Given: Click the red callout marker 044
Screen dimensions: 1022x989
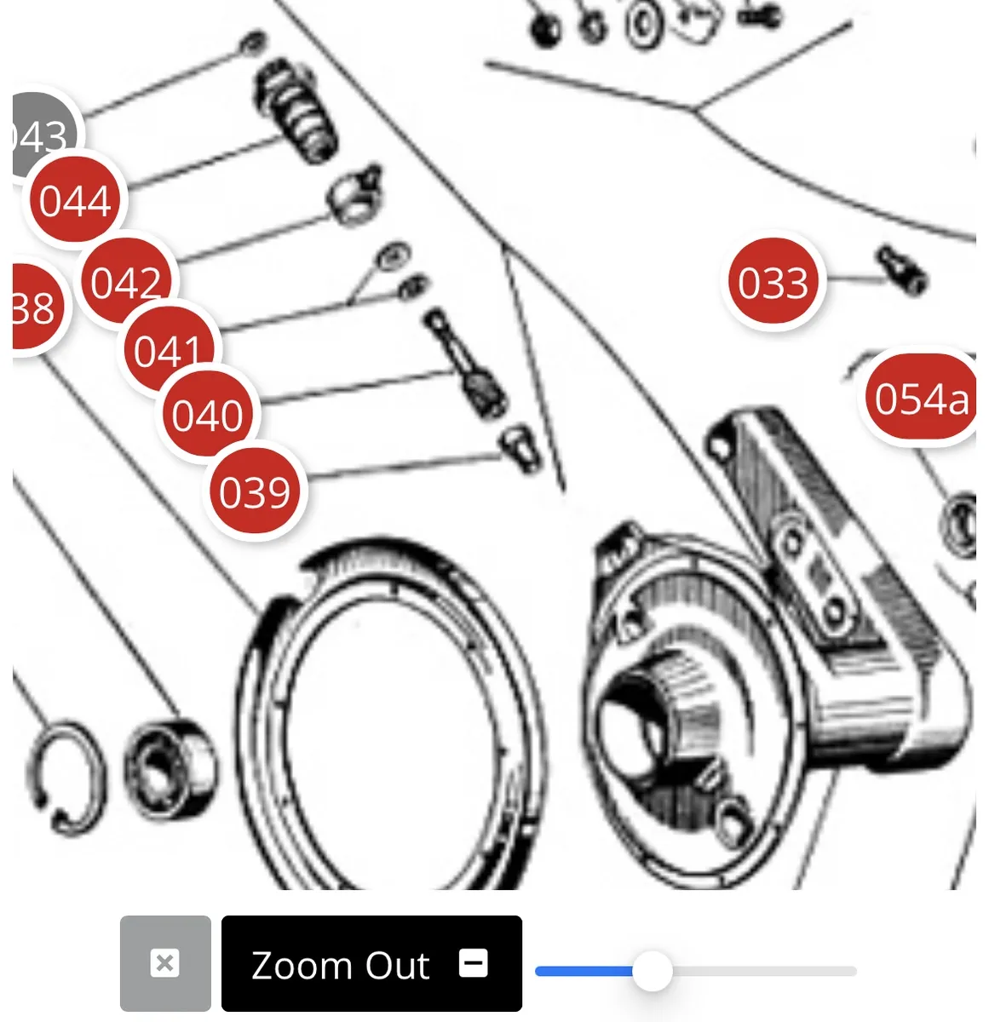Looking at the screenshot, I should (75, 201).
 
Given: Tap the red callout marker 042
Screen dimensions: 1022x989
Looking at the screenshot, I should (126, 281).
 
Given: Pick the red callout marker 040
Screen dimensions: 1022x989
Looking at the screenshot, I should (207, 415).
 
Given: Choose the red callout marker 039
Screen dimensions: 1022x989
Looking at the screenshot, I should (255, 491).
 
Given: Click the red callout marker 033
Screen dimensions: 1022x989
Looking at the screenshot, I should (773, 282).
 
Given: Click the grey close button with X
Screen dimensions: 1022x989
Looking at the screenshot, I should (165, 963).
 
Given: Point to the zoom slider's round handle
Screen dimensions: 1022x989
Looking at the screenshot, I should (653, 971).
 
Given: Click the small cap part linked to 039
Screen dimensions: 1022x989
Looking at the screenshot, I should (520, 447).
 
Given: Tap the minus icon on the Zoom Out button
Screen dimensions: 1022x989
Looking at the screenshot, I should (474, 963).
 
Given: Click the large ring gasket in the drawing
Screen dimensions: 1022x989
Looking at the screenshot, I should (392, 724).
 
